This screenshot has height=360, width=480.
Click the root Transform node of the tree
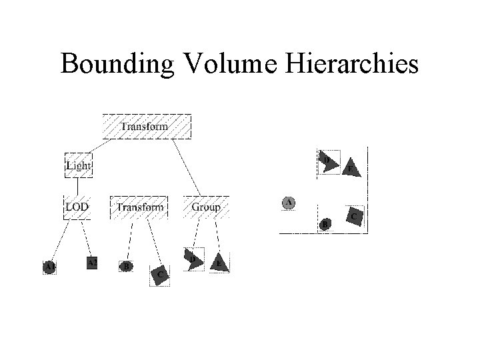pyautogui.click(x=145, y=126)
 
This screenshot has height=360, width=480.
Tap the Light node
pyautogui.click(x=78, y=165)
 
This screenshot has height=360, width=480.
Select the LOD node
pyautogui.click(x=77, y=207)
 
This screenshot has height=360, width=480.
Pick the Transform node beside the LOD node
pyautogui.click(x=139, y=207)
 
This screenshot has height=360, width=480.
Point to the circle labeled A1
pyautogui.click(x=49, y=266)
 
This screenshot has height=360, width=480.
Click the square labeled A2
pyautogui.click(x=92, y=263)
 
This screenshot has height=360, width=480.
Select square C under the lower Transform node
pyautogui.click(x=160, y=273)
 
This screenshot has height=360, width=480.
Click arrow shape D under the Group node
pyautogui.click(x=193, y=260)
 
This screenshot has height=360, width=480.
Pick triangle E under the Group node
pyautogui.click(x=219, y=263)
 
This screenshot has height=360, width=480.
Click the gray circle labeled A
pyautogui.click(x=289, y=203)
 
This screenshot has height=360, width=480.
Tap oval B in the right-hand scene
pyautogui.click(x=325, y=224)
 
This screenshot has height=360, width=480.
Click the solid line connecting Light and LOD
pyautogui.click(x=78, y=187)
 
